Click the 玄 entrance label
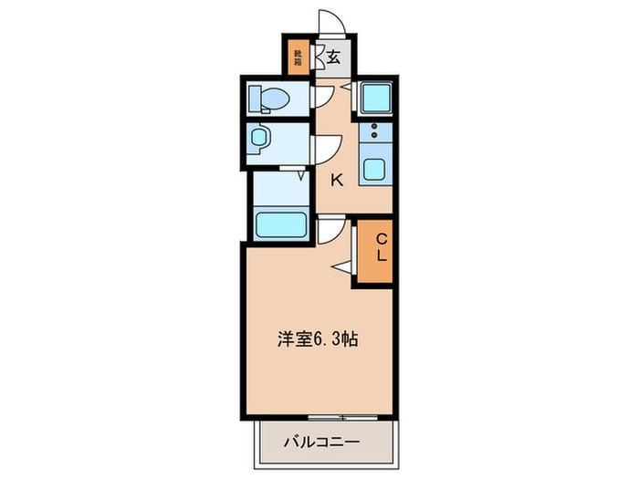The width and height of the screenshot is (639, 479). tap(333, 57)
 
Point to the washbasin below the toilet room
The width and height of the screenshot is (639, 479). tap(259, 139)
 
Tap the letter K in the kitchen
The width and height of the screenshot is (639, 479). tap(337, 180)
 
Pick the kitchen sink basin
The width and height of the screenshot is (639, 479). tap(374, 169)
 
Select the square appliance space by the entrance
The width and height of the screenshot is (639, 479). tap(374, 97)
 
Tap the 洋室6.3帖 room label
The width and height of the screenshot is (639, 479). tap(317, 339)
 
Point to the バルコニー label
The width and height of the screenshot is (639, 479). tap(320, 443)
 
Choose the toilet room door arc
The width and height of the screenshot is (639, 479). tap(322, 98)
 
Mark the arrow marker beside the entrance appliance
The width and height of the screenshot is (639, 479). tap(348, 86)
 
